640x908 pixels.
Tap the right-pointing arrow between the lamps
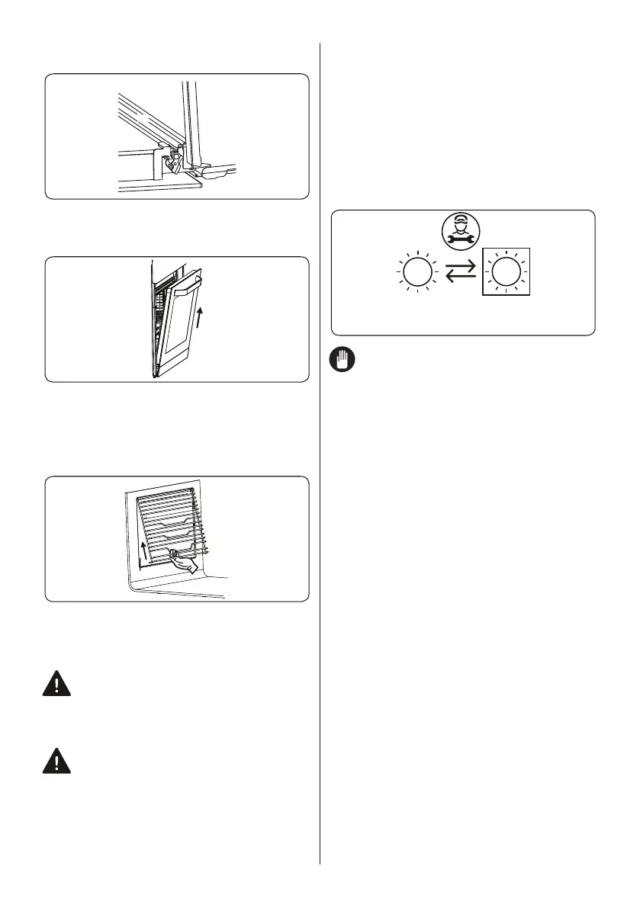coord(461,265)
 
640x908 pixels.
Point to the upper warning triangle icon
coord(56,684)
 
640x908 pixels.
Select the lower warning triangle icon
coord(56,762)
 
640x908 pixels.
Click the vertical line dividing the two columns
coord(320,457)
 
